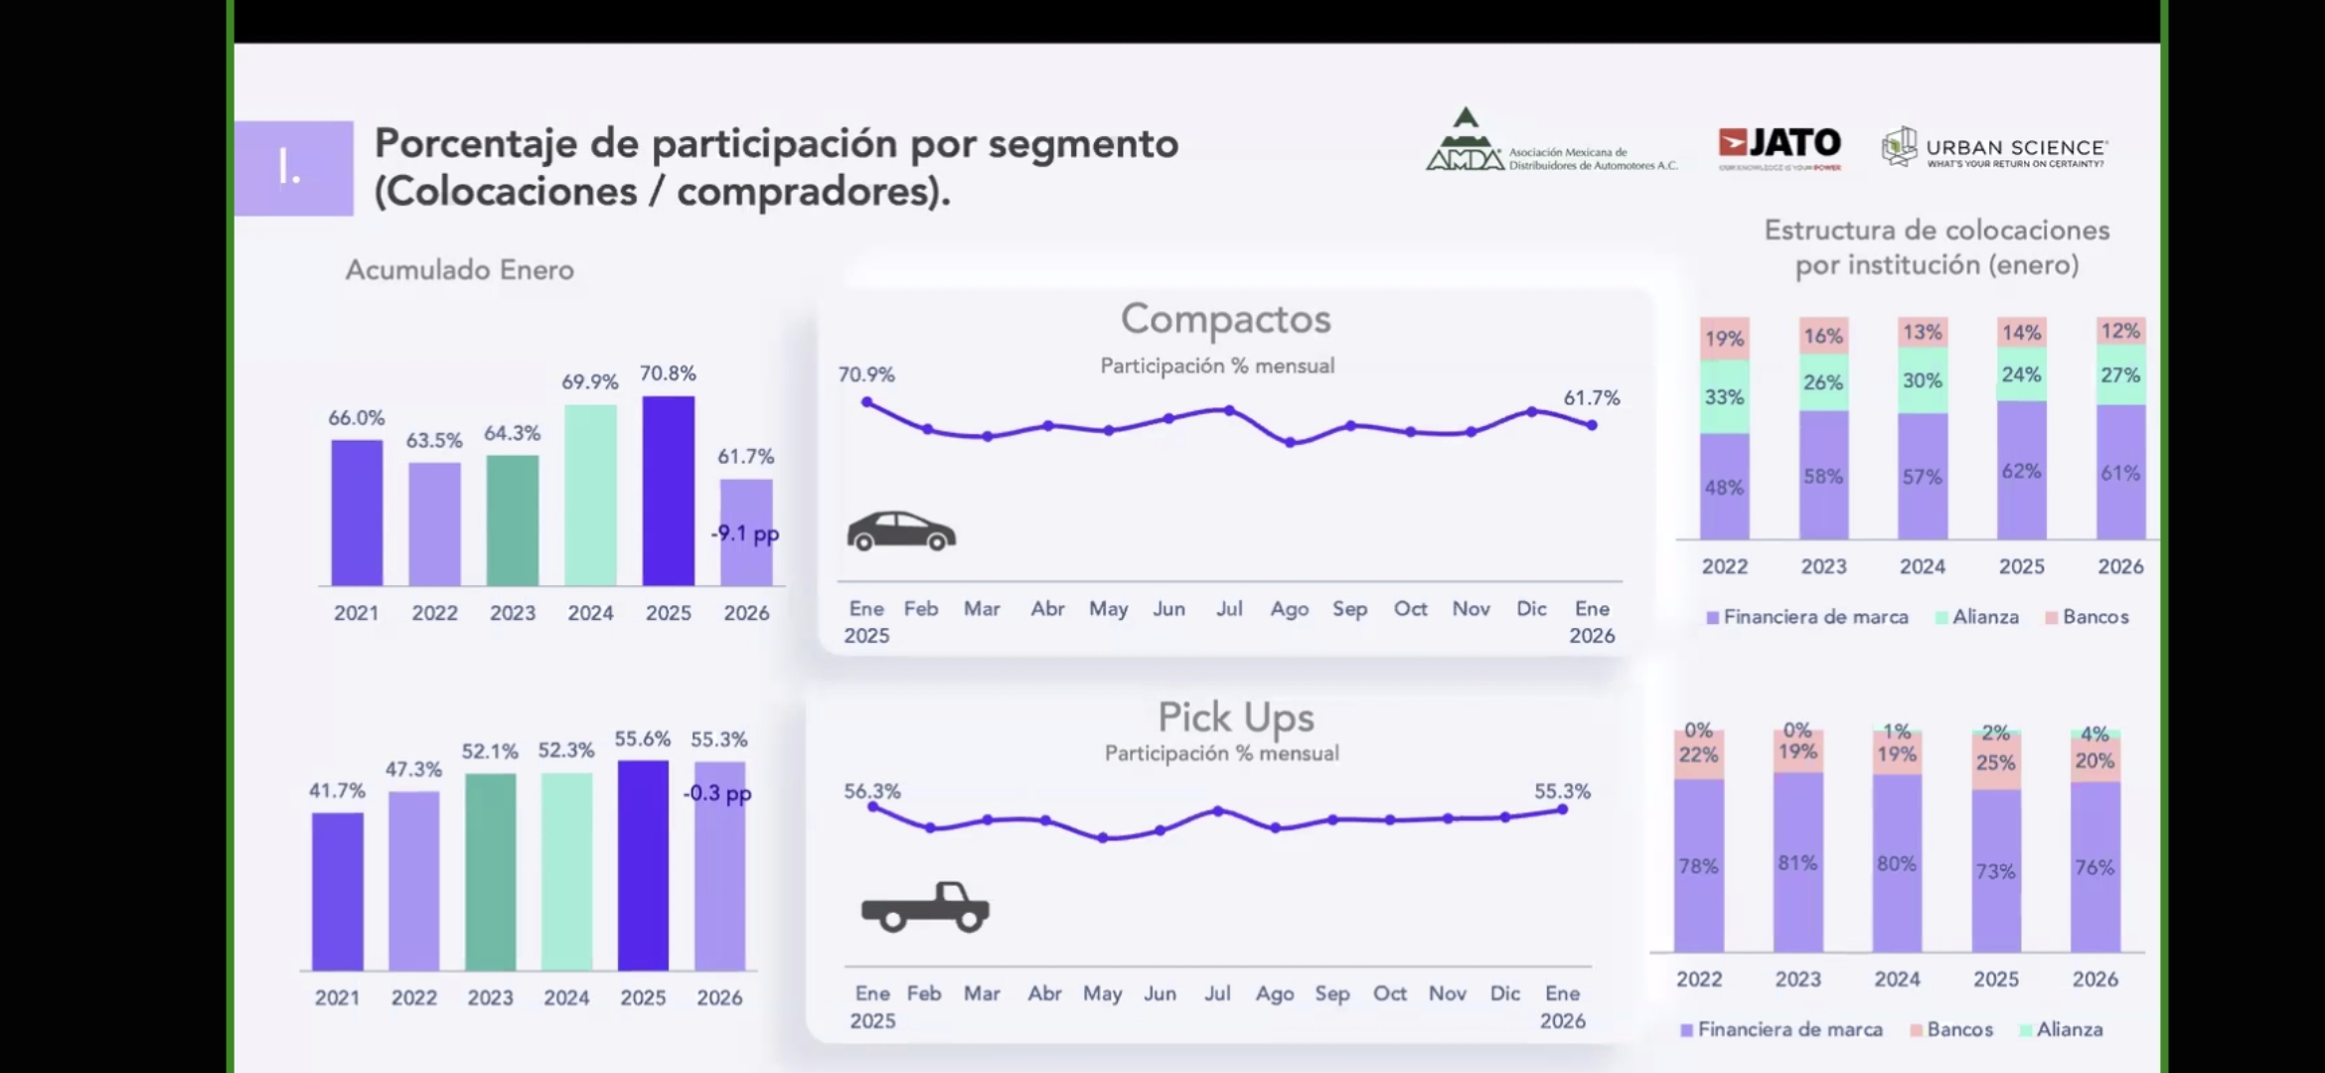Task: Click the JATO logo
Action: pyautogui.click(x=1780, y=145)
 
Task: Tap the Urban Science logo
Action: pyautogui.click(x=1994, y=149)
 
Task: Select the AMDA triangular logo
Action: pyautogui.click(x=1465, y=142)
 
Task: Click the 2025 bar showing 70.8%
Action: pyautogui.click(x=668, y=491)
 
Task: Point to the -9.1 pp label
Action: pyautogui.click(x=745, y=534)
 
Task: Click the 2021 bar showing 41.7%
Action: pyautogui.click(x=337, y=891)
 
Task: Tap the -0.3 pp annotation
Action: pyautogui.click(x=717, y=793)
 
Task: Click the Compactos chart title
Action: pyautogui.click(x=1225, y=319)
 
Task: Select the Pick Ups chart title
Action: pyautogui.click(x=1235, y=716)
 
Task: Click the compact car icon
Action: pyautogui.click(x=900, y=532)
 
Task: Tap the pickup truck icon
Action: pyautogui.click(x=924, y=906)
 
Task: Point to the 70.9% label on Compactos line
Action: pyautogui.click(x=865, y=375)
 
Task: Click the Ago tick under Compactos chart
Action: pyautogui.click(x=1289, y=609)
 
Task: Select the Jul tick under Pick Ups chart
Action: pyautogui.click(x=1217, y=994)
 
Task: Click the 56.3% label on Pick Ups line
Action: pyautogui.click(x=871, y=792)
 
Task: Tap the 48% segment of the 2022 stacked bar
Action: pyautogui.click(x=1724, y=487)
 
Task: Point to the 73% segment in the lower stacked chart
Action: pyautogui.click(x=1995, y=871)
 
